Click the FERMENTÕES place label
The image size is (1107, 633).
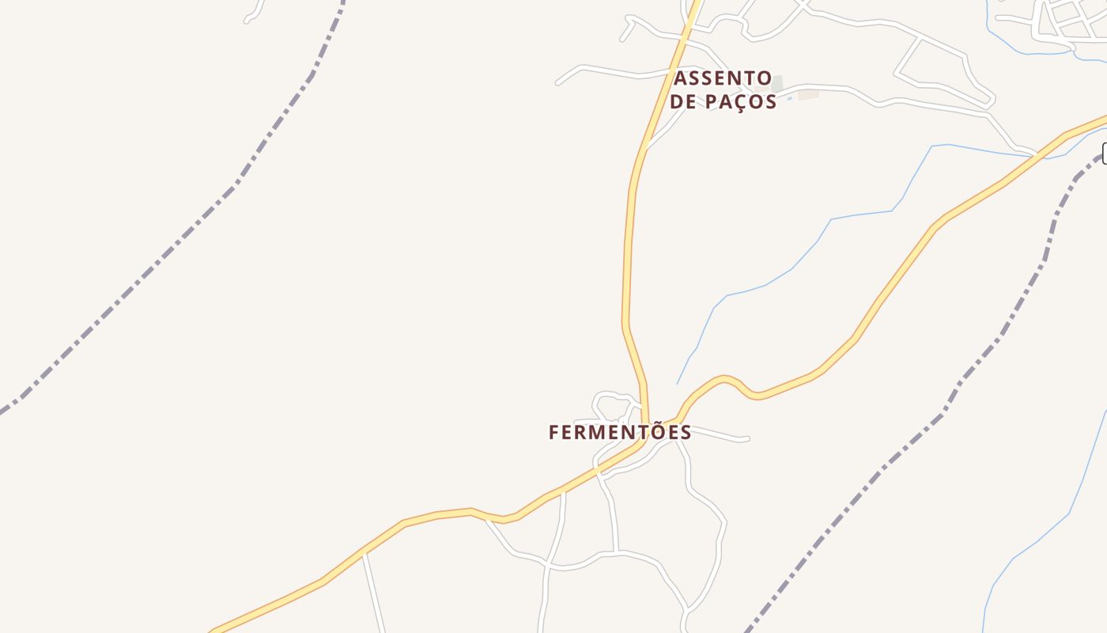click(x=620, y=433)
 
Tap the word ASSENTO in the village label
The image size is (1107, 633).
click(x=723, y=78)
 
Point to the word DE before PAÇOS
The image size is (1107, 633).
click(x=684, y=102)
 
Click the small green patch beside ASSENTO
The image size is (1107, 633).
click(x=777, y=83)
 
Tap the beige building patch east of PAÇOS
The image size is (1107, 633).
click(x=808, y=94)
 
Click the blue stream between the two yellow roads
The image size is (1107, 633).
click(x=791, y=270)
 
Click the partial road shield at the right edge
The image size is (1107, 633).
click(x=1105, y=154)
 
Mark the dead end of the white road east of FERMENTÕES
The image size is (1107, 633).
click(x=747, y=438)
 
